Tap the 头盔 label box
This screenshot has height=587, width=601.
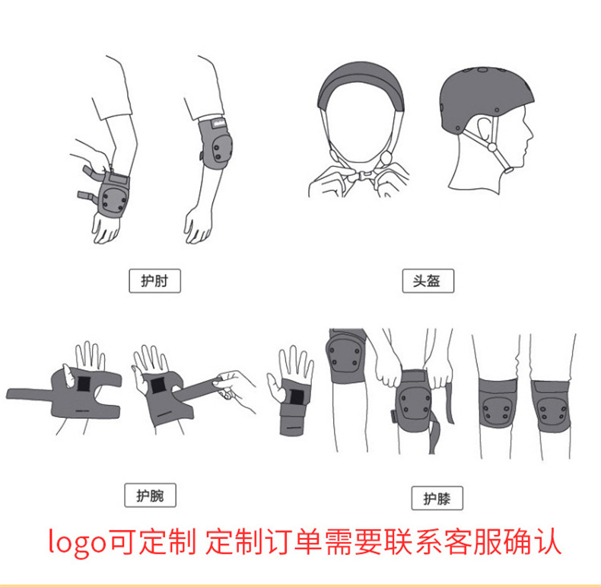coord(428,281)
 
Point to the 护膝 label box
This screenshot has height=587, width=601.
coord(437,499)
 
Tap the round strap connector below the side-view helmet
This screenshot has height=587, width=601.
coord(491,147)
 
